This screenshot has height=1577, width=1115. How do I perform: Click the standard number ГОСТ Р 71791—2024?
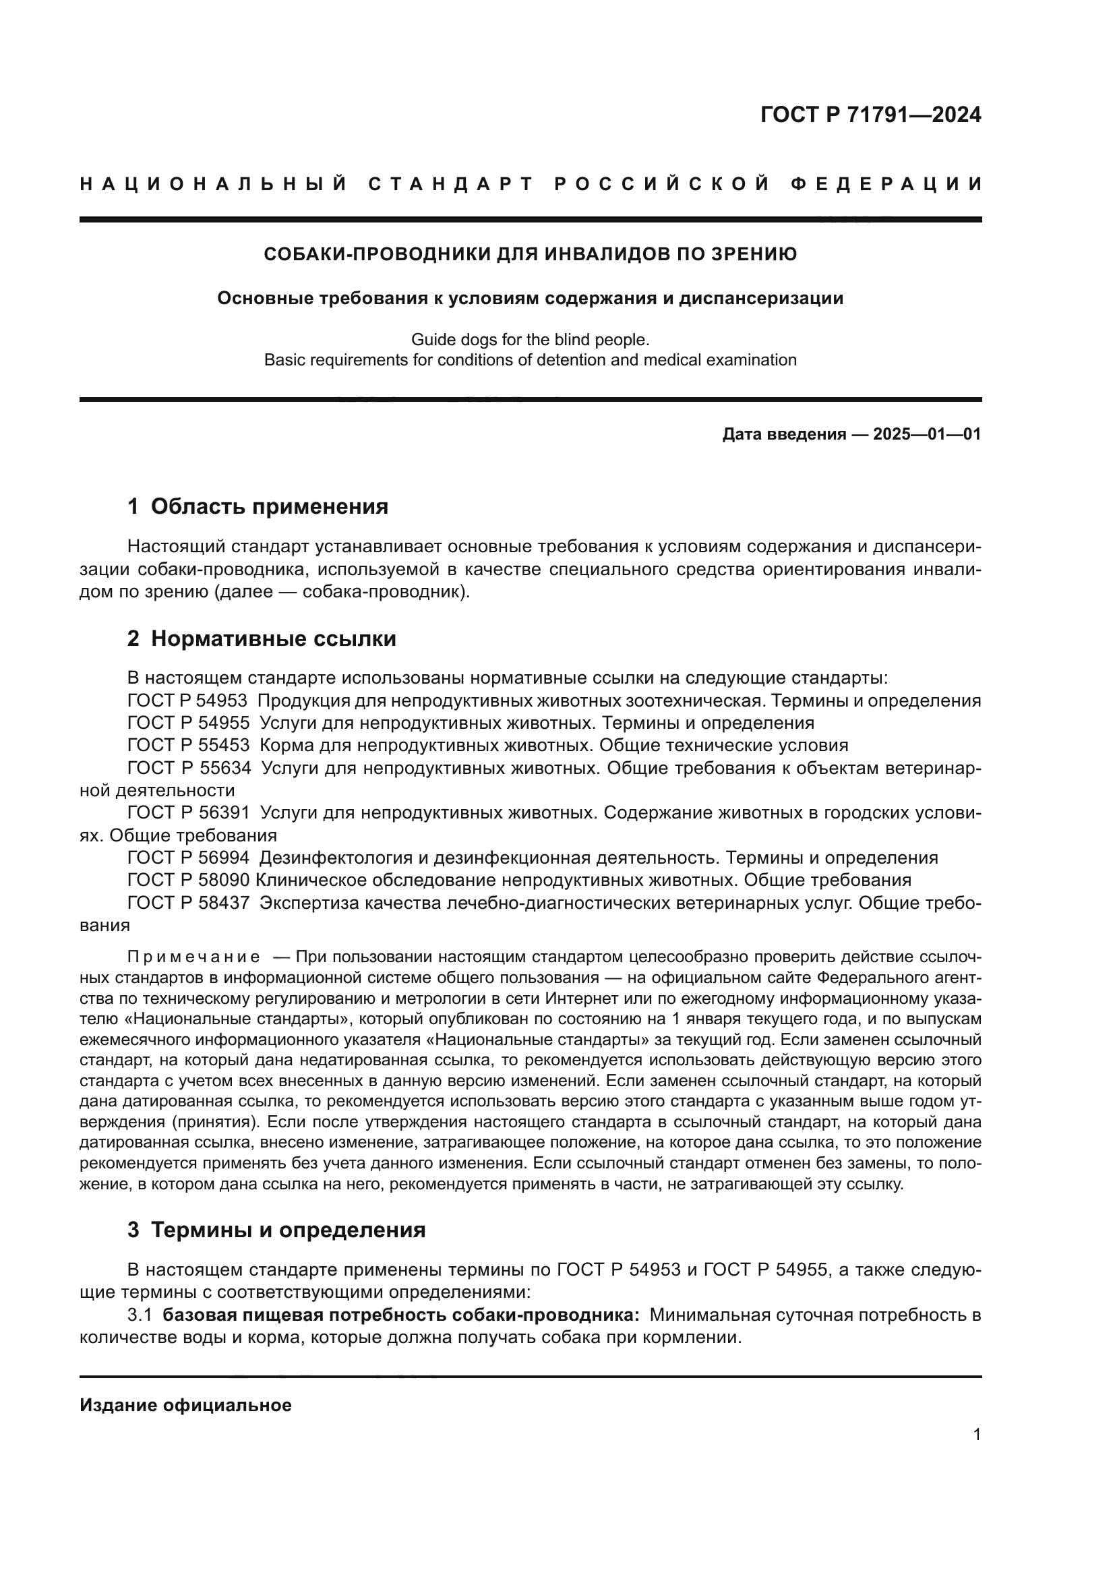[x=870, y=115]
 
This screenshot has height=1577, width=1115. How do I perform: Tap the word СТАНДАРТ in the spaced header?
[x=451, y=184]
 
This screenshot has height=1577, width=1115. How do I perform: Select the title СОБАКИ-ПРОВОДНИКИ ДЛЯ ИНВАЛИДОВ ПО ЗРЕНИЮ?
[x=530, y=255]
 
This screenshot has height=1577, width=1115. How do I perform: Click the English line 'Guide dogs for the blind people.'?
[x=530, y=339]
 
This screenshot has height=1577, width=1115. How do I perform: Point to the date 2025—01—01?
[x=927, y=434]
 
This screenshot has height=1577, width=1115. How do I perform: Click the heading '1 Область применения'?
[x=258, y=506]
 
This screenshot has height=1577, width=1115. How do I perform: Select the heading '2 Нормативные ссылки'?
[x=262, y=638]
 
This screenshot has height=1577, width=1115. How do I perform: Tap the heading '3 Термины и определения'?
[x=276, y=1230]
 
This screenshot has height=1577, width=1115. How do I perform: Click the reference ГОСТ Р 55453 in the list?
[x=188, y=745]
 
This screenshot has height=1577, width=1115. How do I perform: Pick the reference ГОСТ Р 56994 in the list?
[x=188, y=858]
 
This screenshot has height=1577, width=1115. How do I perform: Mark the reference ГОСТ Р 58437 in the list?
[x=188, y=903]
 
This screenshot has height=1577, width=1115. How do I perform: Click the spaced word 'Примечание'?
[x=193, y=957]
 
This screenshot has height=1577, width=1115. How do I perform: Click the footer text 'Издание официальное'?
[x=185, y=1405]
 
